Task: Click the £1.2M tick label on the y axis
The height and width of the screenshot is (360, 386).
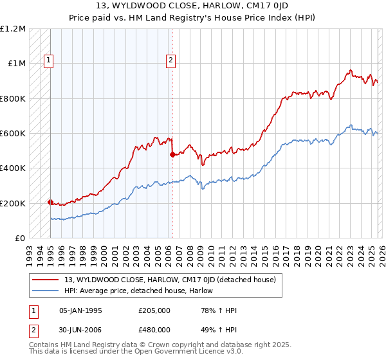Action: (x=14, y=29)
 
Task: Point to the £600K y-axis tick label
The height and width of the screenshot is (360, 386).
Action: (x=13, y=134)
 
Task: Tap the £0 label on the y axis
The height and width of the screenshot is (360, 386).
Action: (x=19, y=239)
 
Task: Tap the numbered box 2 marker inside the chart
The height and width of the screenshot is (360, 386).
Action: (x=171, y=61)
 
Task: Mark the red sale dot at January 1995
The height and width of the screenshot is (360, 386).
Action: (x=50, y=202)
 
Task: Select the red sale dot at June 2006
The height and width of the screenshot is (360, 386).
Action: (x=172, y=154)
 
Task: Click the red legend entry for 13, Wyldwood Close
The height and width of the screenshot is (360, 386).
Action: (x=170, y=280)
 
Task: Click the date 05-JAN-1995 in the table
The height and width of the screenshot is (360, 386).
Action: (x=80, y=310)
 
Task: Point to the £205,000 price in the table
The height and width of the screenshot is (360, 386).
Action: (x=154, y=310)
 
